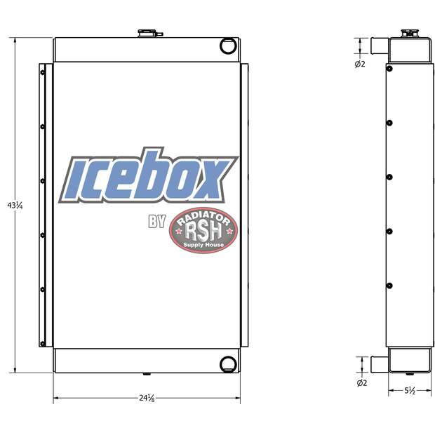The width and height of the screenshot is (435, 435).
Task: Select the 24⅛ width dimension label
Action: click(147, 399)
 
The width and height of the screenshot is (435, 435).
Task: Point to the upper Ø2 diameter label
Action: click(361, 65)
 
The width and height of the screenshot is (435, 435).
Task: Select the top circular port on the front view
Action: click(228, 46)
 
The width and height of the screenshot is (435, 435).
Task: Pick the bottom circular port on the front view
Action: click(228, 363)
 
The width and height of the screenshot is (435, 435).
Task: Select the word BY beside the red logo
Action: click(156, 222)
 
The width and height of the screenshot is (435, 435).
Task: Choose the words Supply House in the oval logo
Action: click(203, 245)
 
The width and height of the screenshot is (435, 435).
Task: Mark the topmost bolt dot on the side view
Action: click(389, 68)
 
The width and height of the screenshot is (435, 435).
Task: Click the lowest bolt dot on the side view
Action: click(389, 285)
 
